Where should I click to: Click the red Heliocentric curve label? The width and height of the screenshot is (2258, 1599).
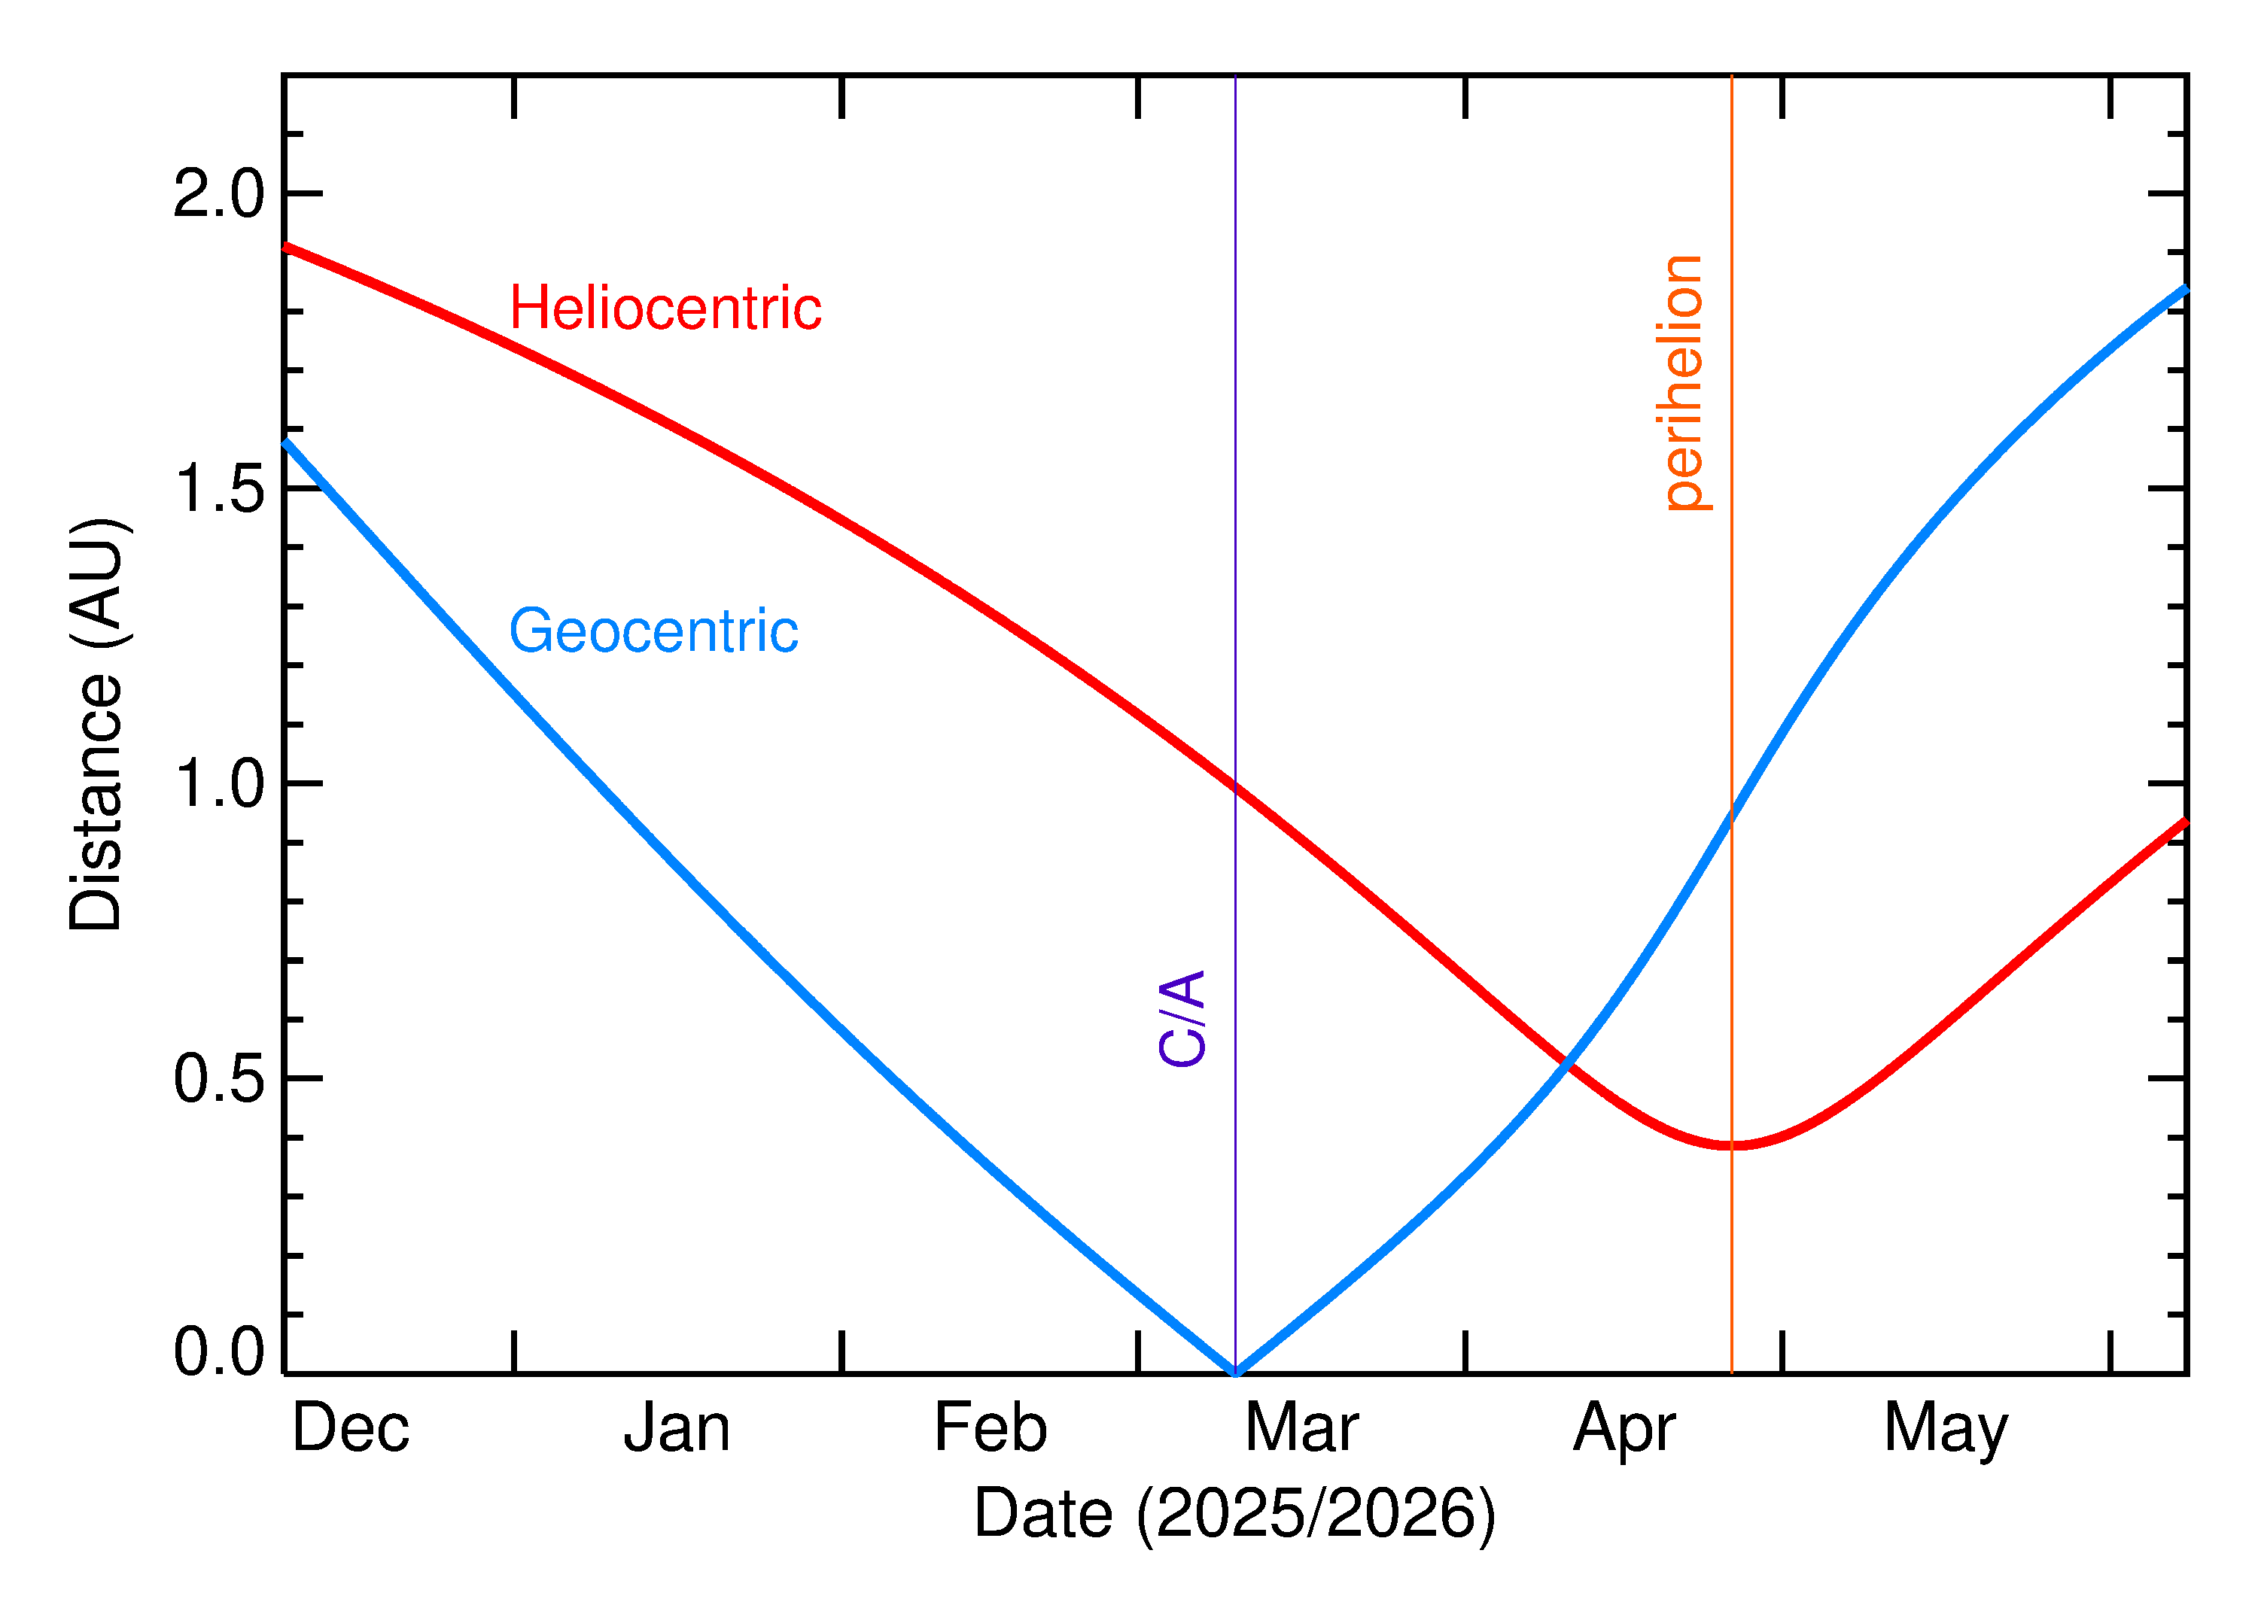pyautogui.click(x=665, y=309)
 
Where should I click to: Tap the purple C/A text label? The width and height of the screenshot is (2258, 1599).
pyautogui.click(x=1182, y=1018)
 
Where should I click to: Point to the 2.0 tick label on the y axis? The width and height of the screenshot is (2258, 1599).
pyautogui.click(x=218, y=194)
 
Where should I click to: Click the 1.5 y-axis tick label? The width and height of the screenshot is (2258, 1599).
pyautogui.click(x=218, y=488)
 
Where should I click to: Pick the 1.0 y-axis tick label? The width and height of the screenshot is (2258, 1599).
pyautogui.click(x=218, y=785)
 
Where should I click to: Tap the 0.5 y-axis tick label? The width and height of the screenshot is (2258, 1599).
pyautogui.click(x=218, y=1079)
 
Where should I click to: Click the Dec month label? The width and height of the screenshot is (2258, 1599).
pyautogui.click(x=351, y=1429)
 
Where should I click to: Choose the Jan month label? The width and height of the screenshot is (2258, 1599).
pyautogui.click(x=677, y=1429)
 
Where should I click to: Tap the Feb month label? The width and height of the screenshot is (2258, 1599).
pyautogui.click(x=990, y=1429)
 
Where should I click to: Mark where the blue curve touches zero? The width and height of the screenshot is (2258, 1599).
pyautogui.click(x=1236, y=1372)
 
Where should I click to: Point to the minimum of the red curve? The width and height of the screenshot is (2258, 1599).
pyautogui.click(x=1735, y=1145)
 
